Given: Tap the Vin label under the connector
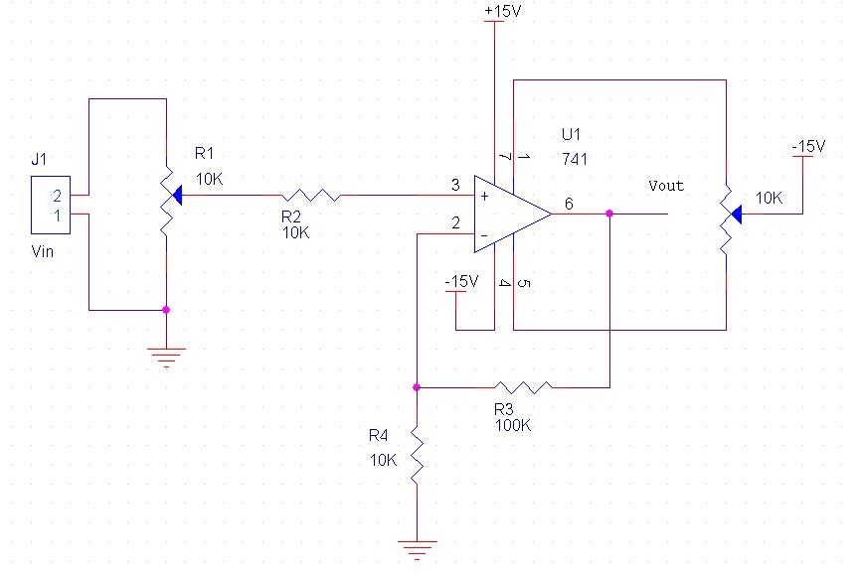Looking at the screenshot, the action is click(x=43, y=251).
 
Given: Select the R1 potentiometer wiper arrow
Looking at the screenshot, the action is click(x=176, y=195).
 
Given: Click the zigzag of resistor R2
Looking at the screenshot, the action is click(x=311, y=195).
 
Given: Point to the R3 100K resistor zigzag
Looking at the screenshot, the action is click(x=523, y=387).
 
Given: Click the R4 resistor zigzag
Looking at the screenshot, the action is click(x=417, y=456).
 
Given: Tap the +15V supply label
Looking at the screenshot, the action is click(x=502, y=10).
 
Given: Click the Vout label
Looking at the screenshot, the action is click(x=666, y=186).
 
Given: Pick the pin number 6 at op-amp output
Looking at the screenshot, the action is click(x=569, y=204).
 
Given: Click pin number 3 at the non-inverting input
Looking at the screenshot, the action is click(x=455, y=185).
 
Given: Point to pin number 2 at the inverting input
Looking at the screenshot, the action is click(x=455, y=223).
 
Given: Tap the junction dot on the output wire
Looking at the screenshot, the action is click(x=609, y=214).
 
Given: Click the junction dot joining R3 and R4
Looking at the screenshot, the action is click(x=417, y=387).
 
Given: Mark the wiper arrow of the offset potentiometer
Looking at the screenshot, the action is click(x=736, y=215).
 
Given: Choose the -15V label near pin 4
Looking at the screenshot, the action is click(x=462, y=281).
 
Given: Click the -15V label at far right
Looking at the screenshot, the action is click(x=808, y=146).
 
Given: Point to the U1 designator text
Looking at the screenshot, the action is click(x=571, y=134).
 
